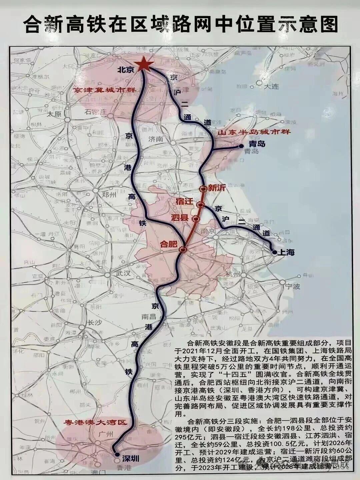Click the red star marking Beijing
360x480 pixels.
144,64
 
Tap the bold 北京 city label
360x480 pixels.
125,70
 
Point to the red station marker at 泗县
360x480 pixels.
196,219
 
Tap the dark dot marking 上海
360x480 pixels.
274,252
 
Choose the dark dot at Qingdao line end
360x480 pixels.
241,146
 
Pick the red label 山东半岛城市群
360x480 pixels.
254,132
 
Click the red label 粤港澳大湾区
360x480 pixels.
96,422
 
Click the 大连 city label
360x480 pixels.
271,87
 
